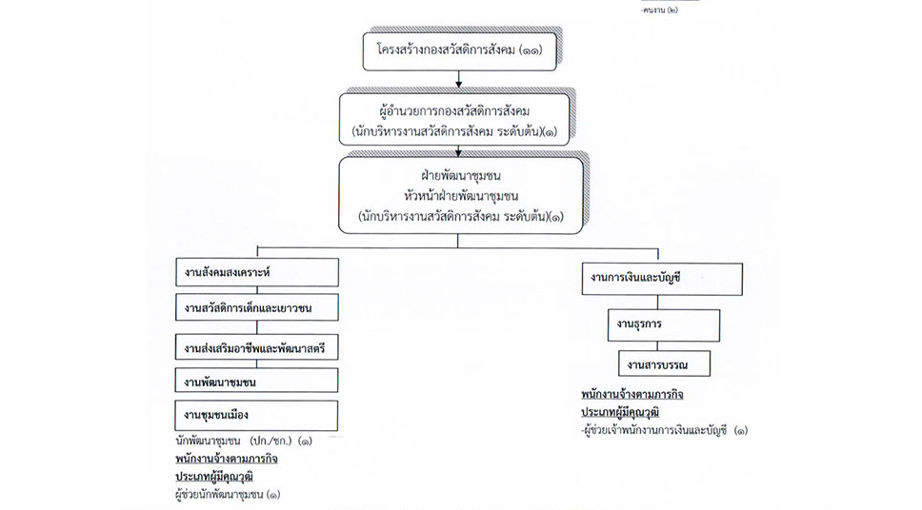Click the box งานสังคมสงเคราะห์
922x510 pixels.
pyautogui.click(x=256, y=272)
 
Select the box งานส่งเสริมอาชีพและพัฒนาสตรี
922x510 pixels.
pyautogui.click(x=256, y=348)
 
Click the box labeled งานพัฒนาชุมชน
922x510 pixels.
pyautogui.click(x=256, y=382)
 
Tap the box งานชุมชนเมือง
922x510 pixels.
pyautogui.click(x=256, y=415)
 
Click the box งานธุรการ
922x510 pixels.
pyautogui.click(x=664, y=324)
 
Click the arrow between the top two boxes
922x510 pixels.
pyautogui.click(x=458, y=81)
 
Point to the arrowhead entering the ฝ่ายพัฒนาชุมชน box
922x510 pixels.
pyautogui.click(x=458, y=151)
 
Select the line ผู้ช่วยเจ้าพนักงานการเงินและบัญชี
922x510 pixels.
pyautogui.click(x=664, y=431)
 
